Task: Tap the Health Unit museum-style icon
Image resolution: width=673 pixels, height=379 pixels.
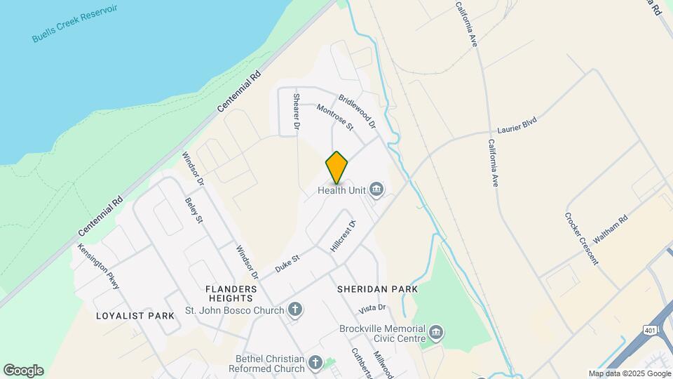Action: (x=376, y=189)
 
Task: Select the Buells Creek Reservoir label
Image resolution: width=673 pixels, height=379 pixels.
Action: (x=74, y=23)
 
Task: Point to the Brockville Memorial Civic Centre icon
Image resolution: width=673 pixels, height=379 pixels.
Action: (x=436, y=332)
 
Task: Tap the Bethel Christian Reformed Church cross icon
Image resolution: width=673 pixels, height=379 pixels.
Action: (x=315, y=362)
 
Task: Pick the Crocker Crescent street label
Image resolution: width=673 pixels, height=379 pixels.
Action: (x=582, y=238)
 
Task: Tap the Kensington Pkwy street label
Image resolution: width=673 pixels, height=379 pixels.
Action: (x=100, y=266)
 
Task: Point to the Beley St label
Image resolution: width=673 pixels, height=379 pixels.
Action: (x=193, y=211)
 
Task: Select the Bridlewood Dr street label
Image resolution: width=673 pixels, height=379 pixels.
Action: (x=358, y=112)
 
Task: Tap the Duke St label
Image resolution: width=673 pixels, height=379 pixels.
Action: (x=287, y=263)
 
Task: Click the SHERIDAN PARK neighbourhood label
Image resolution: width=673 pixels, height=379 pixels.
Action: (x=377, y=289)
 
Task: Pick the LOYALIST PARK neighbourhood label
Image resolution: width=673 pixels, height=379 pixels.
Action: (x=135, y=316)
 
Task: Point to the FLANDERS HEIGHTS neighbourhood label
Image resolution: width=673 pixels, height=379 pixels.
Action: (x=231, y=293)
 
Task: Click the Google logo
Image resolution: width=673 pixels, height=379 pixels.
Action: (x=23, y=371)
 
